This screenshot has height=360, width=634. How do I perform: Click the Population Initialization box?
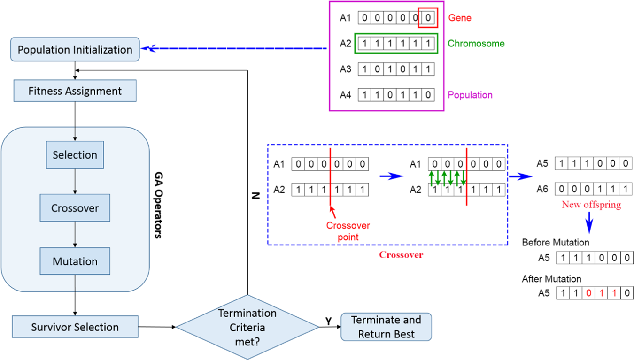(x=75, y=49)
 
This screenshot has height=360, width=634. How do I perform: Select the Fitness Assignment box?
(x=75, y=91)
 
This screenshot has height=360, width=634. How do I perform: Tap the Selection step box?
(x=75, y=155)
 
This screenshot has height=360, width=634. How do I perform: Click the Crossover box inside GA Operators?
(x=75, y=208)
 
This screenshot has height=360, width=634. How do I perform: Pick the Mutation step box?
(x=75, y=261)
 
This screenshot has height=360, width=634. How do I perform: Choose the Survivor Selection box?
(x=75, y=327)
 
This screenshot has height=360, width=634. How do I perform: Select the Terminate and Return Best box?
(x=386, y=327)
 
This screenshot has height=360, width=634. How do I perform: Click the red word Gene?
(x=459, y=18)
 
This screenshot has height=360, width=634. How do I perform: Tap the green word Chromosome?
(x=476, y=44)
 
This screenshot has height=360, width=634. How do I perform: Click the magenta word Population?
(x=470, y=95)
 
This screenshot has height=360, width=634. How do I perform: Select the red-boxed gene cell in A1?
(x=427, y=18)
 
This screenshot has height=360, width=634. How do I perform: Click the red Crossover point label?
(x=348, y=231)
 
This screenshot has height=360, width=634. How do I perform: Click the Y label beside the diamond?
(x=329, y=320)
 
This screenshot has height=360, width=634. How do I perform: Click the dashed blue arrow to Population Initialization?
(x=235, y=48)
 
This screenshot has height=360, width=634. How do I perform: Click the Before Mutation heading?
(x=555, y=243)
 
